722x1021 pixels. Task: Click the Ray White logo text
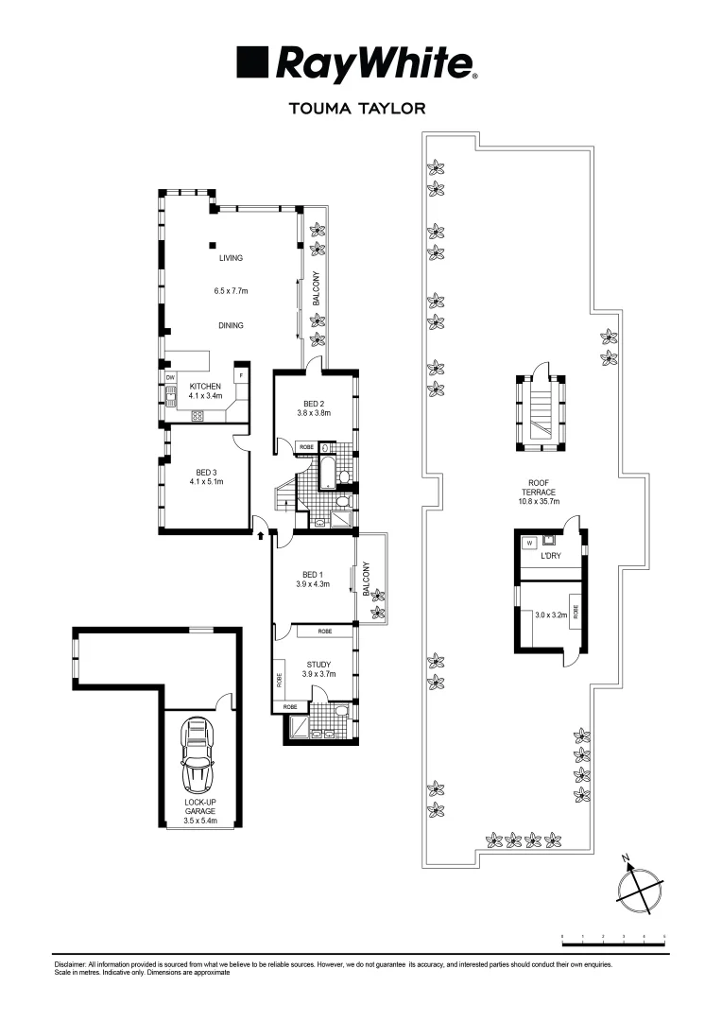point(373,64)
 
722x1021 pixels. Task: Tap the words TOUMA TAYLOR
point(361,109)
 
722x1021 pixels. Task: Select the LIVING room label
point(232,257)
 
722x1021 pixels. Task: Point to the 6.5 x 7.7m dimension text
point(232,291)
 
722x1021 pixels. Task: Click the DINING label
point(232,325)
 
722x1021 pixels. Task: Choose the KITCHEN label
point(205,387)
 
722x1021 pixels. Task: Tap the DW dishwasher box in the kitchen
point(171,378)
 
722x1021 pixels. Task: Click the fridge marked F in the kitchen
point(241,375)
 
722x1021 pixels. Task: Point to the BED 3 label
point(207,473)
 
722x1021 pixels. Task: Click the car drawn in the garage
point(199,755)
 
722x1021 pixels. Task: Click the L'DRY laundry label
point(550,556)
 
